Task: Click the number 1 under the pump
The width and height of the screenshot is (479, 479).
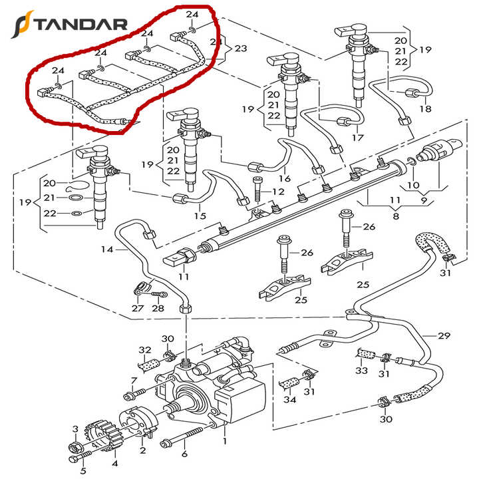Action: [225, 440]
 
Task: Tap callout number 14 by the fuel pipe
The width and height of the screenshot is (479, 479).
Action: [107, 250]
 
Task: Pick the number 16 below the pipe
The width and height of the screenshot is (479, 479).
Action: [285, 179]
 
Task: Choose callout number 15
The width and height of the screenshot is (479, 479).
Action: [200, 216]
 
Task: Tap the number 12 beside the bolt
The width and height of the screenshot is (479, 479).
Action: [278, 192]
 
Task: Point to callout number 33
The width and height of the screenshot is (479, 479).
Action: [361, 370]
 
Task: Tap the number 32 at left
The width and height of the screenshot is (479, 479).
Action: [145, 351]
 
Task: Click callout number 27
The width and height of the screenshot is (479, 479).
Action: [137, 308]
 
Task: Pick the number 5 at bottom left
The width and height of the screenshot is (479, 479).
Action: [83, 471]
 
